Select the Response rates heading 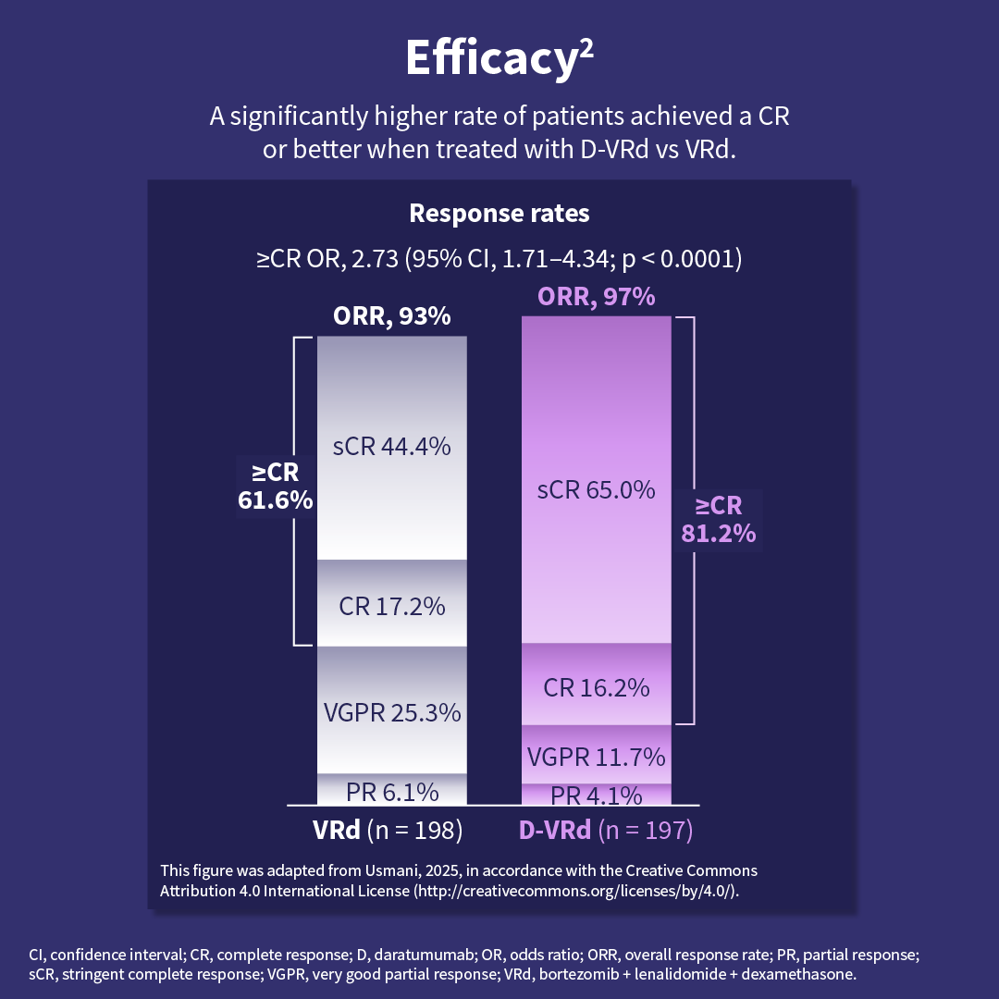[x=499, y=213]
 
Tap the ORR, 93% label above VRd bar [x=391, y=316]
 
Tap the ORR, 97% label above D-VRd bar [x=596, y=296]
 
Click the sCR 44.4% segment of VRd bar [x=391, y=447]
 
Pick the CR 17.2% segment [x=391, y=607]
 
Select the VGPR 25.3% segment [x=391, y=712]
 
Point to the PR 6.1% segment [x=391, y=792]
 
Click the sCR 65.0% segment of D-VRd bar [x=596, y=489]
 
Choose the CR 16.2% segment [x=596, y=687]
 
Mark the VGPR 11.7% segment [x=596, y=757]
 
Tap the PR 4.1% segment [x=596, y=795]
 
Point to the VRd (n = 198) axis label [x=387, y=830]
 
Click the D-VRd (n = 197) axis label [x=605, y=830]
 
